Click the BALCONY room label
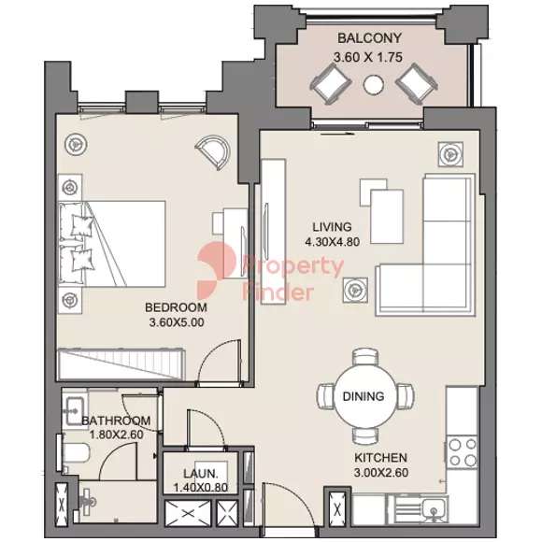(369, 38)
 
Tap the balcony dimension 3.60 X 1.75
(368, 57)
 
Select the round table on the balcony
(373, 84)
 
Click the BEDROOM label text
(176, 307)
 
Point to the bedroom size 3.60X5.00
(177, 322)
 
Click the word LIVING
(332, 227)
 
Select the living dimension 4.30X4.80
(332, 242)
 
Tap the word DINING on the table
(364, 396)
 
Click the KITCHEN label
(381, 458)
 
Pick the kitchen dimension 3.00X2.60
(381, 473)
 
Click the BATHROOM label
(116, 421)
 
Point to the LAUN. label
(201, 473)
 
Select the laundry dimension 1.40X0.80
(201, 488)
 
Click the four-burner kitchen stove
(463, 451)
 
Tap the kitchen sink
(433, 508)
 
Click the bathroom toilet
(76, 453)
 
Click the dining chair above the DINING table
(365, 357)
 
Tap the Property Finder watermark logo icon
(217, 270)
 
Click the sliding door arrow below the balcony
(337, 134)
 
